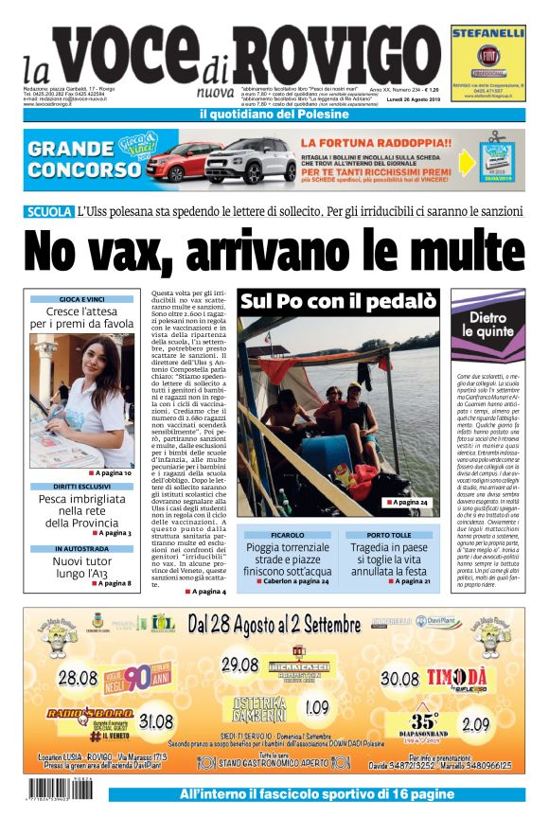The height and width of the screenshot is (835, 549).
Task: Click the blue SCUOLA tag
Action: coord(49,211)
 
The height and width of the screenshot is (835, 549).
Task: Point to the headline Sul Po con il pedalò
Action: coord(337,302)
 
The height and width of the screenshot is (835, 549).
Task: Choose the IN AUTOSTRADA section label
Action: coord(81,549)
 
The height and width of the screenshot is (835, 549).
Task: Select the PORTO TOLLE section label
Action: coord(389,536)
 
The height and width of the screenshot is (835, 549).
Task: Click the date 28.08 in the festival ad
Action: coord(78,678)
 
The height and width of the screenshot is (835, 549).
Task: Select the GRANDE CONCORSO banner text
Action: coord(84,158)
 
